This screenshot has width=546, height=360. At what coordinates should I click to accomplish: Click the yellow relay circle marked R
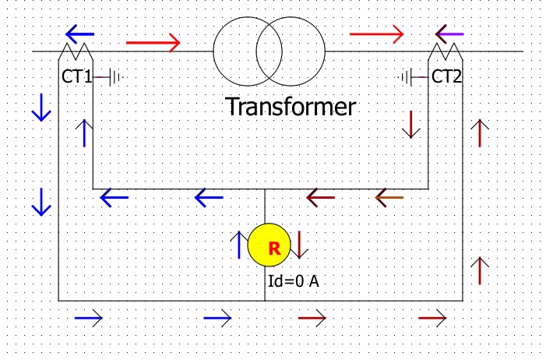coord(269,247)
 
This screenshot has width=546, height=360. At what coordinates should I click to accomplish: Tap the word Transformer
coord(291,106)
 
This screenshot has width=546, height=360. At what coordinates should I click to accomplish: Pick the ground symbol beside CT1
coord(116,77)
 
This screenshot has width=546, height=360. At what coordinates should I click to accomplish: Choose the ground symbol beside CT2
coord(407,77)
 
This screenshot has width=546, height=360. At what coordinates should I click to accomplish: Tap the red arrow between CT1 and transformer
coord(153,41)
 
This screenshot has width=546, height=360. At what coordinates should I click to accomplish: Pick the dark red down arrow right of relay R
coord(301,245)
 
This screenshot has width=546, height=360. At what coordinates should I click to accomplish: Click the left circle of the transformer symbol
coord(246,51)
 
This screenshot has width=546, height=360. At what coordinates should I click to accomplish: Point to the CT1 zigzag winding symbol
coord(76,52)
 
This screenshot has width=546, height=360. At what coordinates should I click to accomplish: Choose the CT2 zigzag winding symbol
coord(446,52)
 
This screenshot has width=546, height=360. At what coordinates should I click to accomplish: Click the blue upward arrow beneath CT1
coord(84,133)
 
